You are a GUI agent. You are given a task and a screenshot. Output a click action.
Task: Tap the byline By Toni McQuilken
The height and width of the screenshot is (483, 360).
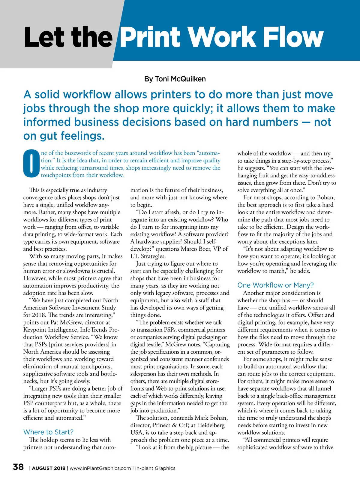tap(175, 79)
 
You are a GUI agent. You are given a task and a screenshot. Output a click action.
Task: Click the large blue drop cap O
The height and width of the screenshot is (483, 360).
tap(31, 164)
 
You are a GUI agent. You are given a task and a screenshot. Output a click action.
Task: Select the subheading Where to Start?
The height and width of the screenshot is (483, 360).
tap(48, 432)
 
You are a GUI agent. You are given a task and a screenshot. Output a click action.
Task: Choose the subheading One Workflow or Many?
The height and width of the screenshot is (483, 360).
tap(275, 285)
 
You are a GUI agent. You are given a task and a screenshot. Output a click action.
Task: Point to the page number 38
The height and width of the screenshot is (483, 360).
tap(18, 467)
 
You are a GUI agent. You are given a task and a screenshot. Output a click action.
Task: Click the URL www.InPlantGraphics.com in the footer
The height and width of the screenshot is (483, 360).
tap(100, 468)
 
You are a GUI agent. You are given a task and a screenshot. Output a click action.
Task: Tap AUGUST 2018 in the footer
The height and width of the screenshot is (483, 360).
tap(49, 468)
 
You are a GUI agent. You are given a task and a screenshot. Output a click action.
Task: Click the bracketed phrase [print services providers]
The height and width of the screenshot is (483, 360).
tap(79, 344)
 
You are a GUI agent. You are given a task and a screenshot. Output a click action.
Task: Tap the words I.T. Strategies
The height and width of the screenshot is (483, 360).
tap(148, 256)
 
